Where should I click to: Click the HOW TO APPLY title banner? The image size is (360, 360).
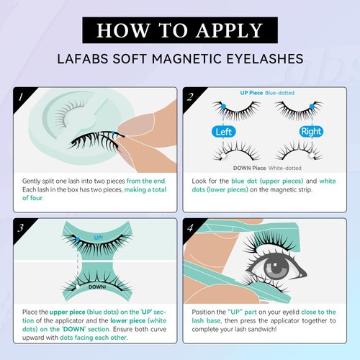pyautogui.click(x=180, y=30)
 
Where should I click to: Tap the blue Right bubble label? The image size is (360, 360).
pyautogui.click(x=311, y=131)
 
